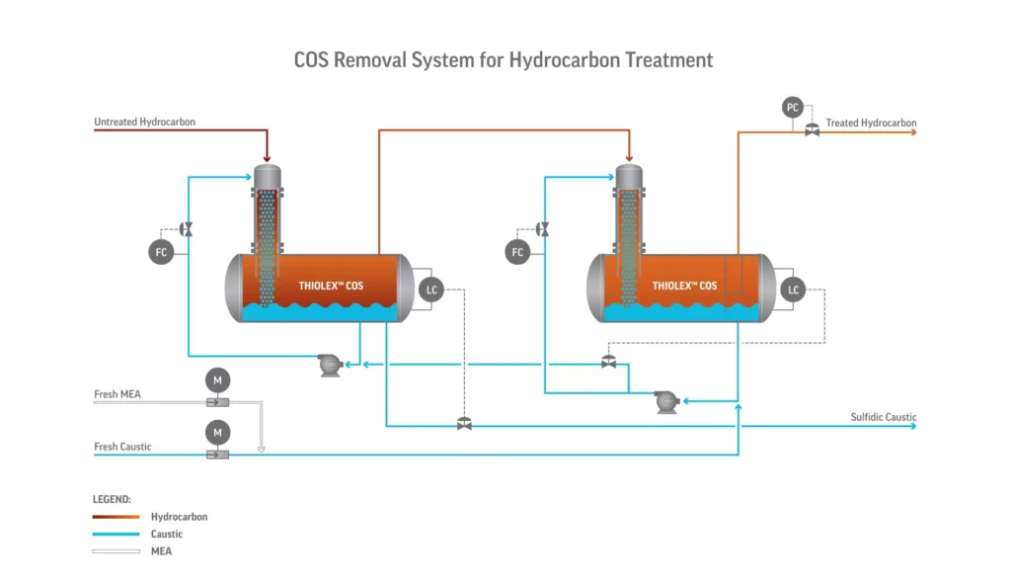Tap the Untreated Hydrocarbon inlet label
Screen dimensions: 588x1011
[x=144, y=123]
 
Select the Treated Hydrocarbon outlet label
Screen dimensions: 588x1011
[x=871, y=124]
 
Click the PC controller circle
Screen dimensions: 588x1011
[x=792, y=108]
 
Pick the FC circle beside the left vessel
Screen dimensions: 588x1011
[x=161, y=252]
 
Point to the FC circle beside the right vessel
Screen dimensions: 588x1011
[x=517, y=252]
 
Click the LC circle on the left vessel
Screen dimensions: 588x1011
[x=430, y=290]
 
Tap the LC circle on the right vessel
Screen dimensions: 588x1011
[x=792, y=290]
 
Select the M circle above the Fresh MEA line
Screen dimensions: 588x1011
[x=216, y=378]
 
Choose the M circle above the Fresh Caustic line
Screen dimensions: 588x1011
[x=216, y=432]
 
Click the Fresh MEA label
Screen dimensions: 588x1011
[x=117, y=394]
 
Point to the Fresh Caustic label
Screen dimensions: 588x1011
[x=122, y=447]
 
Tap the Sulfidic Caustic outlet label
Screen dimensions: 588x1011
[x=883, y=417]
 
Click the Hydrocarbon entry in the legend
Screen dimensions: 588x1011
[x=179, y=517]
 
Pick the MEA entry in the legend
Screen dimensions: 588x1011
[x=161, y=551]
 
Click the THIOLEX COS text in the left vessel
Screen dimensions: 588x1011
[x=331, y=287]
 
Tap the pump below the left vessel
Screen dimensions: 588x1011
[x=329, y=366]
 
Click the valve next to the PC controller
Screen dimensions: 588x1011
[x=812, y=130]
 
